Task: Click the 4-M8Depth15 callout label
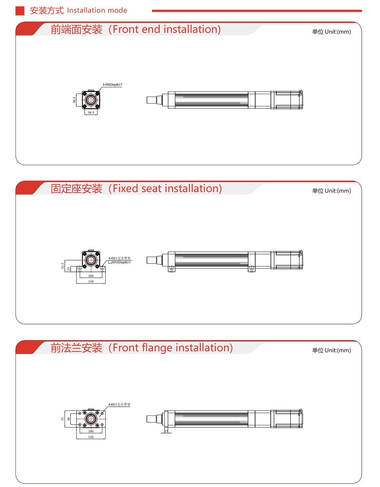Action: pyautogui.click(x=112, y=85)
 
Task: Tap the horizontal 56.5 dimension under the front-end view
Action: pyautogui.click(x=91, y=113)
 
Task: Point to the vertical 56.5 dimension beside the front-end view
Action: pyautogui.click(x=74, y=100)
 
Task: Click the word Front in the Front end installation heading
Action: pyautogui.click(x=125, y=29)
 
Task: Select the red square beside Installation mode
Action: pyautogui.click(x=20, y=11)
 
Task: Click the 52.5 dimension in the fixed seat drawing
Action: pyautogui.click(x=63, y=266)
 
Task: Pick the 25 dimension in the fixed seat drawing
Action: pyautogui.click(x=68, y=268)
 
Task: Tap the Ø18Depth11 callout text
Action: pyautogui.click(x=122, y=262)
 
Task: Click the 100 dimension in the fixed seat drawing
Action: pyautogui.click(x=91, y=276)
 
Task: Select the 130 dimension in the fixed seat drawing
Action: pyautogui.click(x=91, y=281)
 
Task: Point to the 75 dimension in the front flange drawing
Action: pyautogui.click(x=63, y=419)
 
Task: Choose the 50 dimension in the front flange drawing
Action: pyautogui.click(x=68, y=419)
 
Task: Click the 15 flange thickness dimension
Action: pyautogui.click(x=166, y=431)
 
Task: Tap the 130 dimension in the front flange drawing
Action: pyautogui.click(x=91, y=437)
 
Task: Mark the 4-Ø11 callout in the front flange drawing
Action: pyautogui.click(x=119, y=404)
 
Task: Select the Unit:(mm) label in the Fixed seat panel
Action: pyautogui.click(x=338, y=191)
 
